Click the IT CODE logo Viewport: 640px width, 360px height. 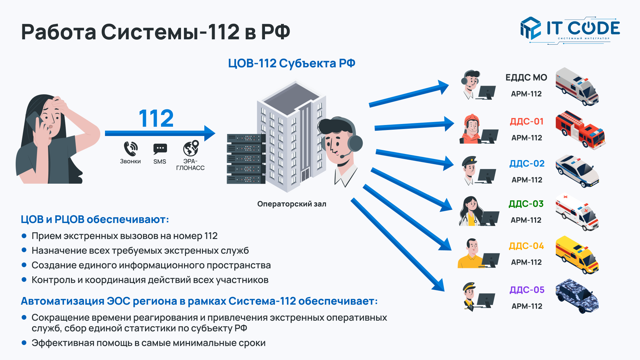(570, 29)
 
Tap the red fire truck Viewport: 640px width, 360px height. (580, 130)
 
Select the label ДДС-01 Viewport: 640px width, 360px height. (527, 121)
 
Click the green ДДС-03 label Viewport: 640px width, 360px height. (526, 204)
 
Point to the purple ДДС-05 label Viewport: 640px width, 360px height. (527, 290)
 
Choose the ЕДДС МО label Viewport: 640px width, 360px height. (526, 78)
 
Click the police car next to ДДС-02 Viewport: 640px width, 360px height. (577, 171)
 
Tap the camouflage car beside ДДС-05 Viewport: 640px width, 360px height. (577, 296)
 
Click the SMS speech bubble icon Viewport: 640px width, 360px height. (160, 149)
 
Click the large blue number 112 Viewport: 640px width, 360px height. (156, 118)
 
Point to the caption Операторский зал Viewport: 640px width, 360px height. (292, 204)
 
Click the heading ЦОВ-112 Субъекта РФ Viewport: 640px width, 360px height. (291, 63)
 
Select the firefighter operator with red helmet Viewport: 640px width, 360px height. (471, 129)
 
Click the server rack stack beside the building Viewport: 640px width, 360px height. (246, 159)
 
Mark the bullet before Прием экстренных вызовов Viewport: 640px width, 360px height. (24, 236)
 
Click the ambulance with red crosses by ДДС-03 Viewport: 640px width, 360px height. (577, 213)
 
